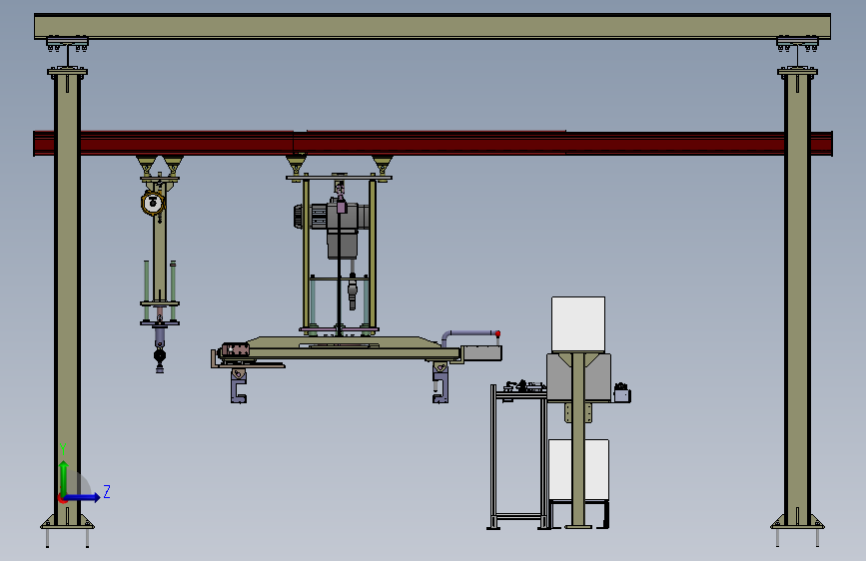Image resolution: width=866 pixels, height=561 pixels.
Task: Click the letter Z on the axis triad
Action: click(x=107, y=491)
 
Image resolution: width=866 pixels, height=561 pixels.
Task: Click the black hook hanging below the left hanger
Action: click(x=159, y=356)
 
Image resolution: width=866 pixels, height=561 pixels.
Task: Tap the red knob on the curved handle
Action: click(x=497, y=332)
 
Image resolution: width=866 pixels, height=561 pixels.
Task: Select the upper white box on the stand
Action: click(x=578, y=323)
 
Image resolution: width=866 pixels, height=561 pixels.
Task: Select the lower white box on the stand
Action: click(x=578, y=470)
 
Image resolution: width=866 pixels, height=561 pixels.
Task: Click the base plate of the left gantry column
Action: click(x=67, y=524)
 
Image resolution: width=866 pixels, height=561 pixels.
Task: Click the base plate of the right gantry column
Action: click(x=797, y=523)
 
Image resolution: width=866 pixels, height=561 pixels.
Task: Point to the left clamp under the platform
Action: click(x=238, y=384)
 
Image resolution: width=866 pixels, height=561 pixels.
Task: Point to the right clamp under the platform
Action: click(x=440, y=383)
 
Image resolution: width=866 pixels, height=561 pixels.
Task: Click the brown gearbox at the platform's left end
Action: click(x=236, y=350)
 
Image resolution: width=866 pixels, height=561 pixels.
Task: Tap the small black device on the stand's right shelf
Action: click(x=622, y=392)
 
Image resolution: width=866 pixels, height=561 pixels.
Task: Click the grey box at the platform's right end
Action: click(x=481, y=351)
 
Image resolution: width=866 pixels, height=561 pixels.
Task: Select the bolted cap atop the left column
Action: click(x=67, y=71)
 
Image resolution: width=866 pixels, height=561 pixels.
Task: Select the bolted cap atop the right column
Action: click(x=797, y=71)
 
